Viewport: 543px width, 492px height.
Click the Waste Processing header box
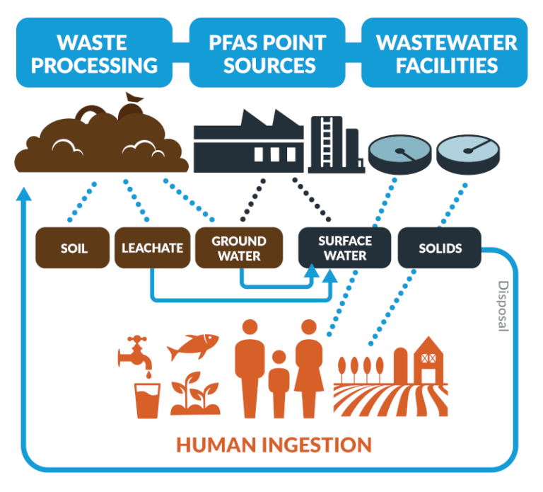tap(94, 54)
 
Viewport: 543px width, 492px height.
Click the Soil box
tap(74, 248)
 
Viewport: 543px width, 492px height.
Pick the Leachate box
tap(152, 248)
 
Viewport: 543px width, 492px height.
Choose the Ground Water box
tap(239, 248)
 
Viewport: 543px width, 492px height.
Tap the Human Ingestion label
tap(274, 445)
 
